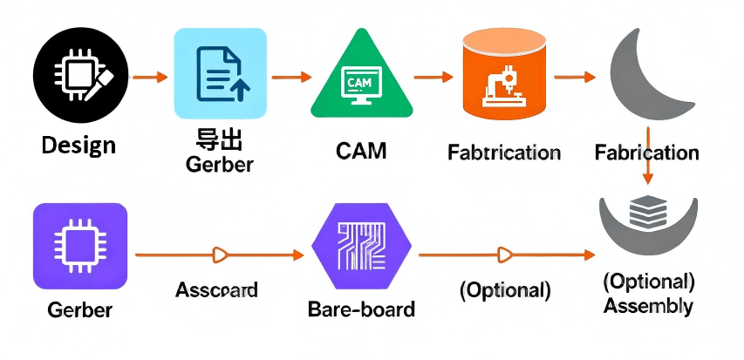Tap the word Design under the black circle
point(78,144)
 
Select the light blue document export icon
point(220,73)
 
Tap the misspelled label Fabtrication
point(503,153)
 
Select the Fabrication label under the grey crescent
point(646,153)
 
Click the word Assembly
point(648,306)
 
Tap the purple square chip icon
point(80,246)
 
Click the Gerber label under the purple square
point(80,309)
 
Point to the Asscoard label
point(216,289)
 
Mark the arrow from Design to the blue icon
point(149,78)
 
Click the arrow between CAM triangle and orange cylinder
point(433,78)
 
